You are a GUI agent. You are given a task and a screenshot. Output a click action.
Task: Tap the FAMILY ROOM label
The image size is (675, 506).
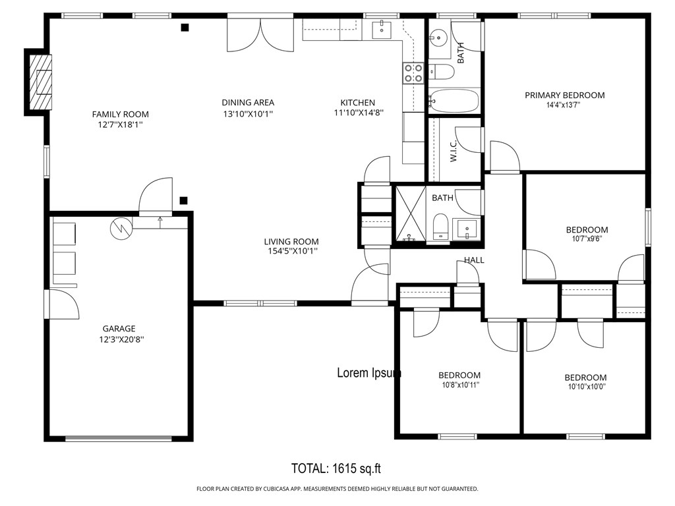point(120,114)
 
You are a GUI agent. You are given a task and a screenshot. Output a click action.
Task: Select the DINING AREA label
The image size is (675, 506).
point(248,102)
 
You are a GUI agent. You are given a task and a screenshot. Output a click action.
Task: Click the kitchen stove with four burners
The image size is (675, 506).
point(413,72)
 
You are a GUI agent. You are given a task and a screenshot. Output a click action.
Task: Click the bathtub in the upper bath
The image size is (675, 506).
point(454,101)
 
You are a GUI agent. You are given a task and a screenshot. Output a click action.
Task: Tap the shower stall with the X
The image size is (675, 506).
point(409,214)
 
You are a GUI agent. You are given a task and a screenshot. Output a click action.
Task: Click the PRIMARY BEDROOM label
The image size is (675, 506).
point(564,95)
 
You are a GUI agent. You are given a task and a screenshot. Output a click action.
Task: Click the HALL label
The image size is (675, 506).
point(473,260)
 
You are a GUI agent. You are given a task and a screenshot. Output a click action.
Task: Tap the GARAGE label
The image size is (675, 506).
point(119,328)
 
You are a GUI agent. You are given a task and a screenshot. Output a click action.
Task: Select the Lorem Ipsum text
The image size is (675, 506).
point(369,373)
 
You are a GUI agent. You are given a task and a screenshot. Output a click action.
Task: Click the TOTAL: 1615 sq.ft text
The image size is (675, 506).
point(336,468)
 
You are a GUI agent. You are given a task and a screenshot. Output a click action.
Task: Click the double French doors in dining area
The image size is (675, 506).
point(260,34)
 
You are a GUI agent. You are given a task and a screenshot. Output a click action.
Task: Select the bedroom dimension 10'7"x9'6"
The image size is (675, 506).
point(587,239)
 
